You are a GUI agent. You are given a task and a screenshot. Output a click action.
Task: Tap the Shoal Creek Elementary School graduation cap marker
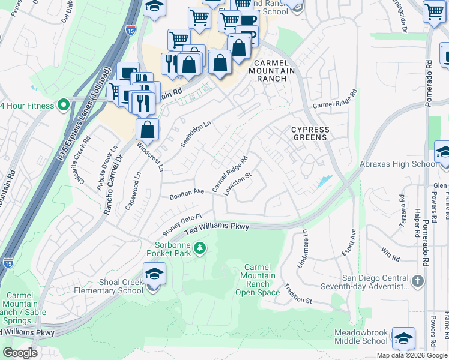pyautogui.click(x=154, y=275)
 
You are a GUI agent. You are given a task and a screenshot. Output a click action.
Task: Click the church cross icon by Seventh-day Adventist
pyautogui.click(x=418, y=281)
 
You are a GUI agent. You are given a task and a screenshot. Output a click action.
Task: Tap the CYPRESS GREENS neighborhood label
pyautogui.click(x=310, y=133)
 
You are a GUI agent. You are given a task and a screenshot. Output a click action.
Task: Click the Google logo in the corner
pyautogui.click(x=20, y=353)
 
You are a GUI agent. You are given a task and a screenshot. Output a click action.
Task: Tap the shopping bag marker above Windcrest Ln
pyautogui.click(x=147, y=128)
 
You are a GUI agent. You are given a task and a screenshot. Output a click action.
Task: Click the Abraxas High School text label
pyautogui.click(x=397, y=164)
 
